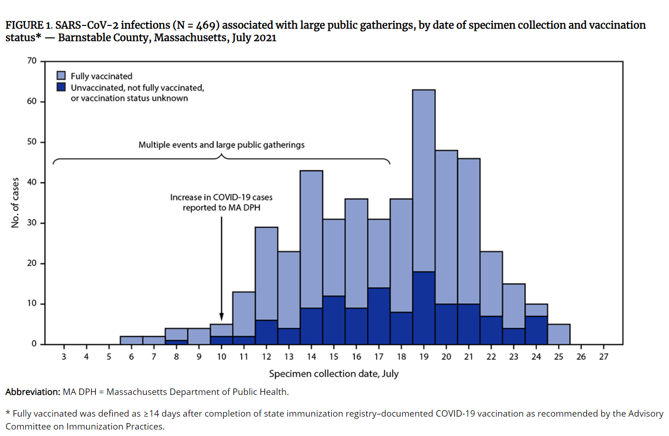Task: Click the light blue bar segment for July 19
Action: point(424,180)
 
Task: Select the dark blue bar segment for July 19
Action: point(424,308)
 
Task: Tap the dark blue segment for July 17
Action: point(379,316)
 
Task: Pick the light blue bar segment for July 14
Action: point(311,239)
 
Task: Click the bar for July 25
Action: point(559,334)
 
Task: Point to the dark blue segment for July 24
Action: point(536,330)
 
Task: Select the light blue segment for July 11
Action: point(244,314)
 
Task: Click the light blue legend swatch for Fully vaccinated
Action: point(61,76)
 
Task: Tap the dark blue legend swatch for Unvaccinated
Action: point(61,87)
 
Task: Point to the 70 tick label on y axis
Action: point(32,61)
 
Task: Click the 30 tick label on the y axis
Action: point(32,223)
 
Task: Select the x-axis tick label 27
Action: point(603,357)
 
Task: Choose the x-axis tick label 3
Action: point(64,357)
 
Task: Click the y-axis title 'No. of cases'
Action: point(15,203)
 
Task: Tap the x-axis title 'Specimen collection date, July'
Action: point(334,374)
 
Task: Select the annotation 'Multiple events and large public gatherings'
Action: point(221,145)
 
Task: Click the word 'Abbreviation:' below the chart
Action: point(33,392)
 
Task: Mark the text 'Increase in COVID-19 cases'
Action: point(221,197)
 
